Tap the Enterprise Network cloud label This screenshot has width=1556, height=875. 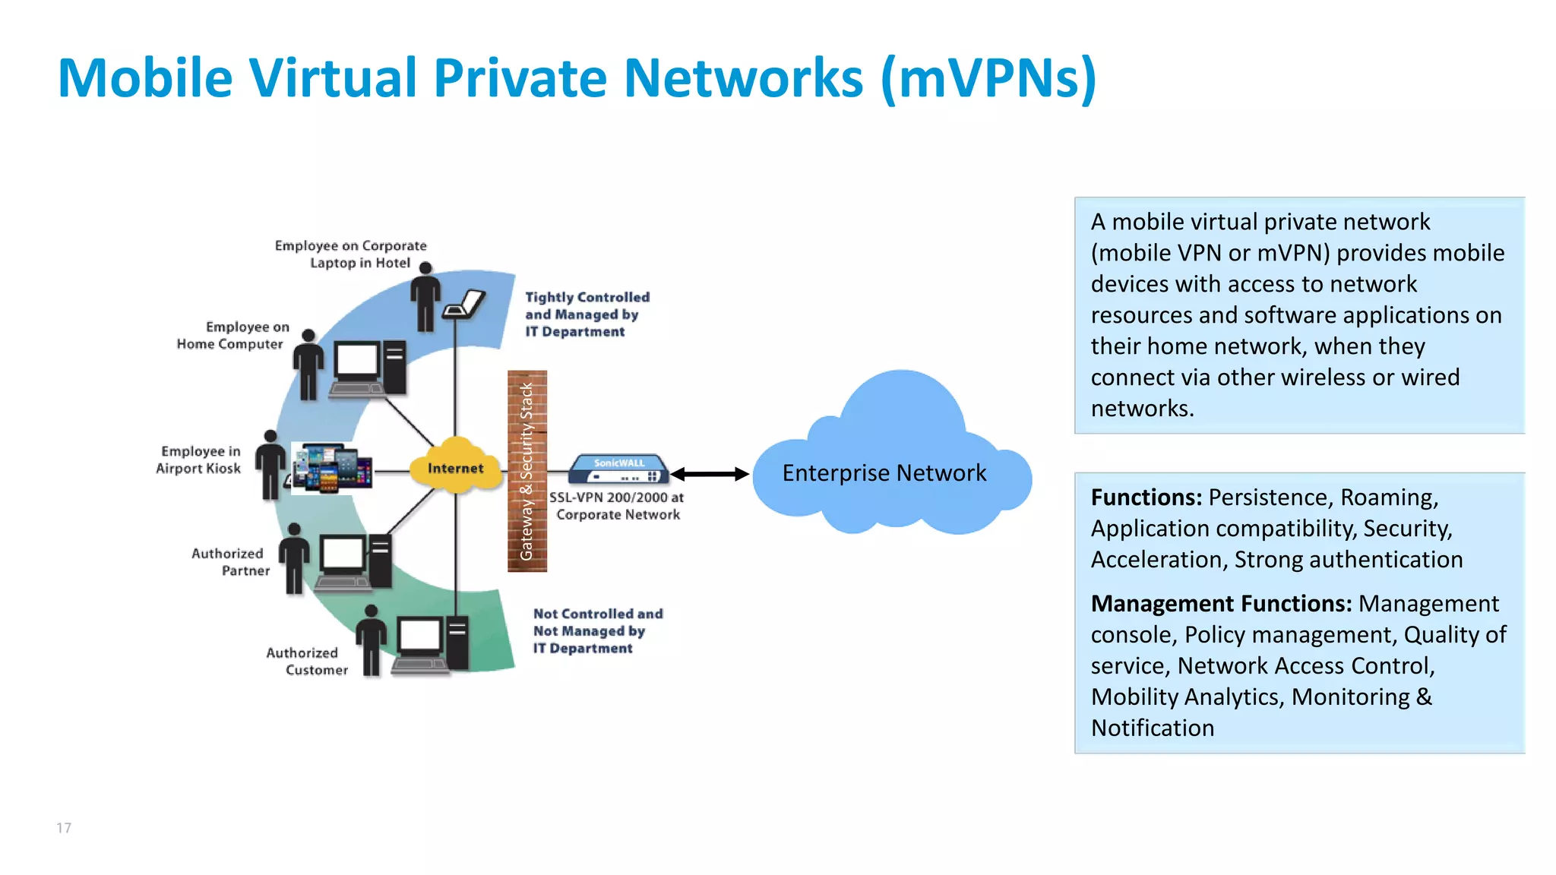tap(884, 473)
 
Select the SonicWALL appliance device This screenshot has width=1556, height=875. tap(619, 469)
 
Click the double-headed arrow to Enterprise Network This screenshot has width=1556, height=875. tap(710, 474)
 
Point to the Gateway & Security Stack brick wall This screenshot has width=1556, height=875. tap(527, 471)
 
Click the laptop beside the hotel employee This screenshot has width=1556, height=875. tap(464, 305)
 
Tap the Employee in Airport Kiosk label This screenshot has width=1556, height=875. tap(199, 460)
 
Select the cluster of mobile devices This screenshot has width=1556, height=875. tap(332, 468)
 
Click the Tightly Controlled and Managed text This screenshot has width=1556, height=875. tap(587, 314)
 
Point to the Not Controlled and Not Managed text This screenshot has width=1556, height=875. tap(596, 630)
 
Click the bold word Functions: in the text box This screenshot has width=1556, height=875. tap(1146, 498)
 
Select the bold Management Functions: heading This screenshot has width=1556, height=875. tap(1221, 604)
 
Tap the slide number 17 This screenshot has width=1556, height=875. tap(64, 828)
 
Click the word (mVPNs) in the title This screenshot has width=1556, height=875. tap(988, 78)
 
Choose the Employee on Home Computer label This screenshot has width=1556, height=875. tap(232, 335)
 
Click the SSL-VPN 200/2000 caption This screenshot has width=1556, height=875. tap(617, 506)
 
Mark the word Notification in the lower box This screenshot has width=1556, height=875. tap(1152, 728)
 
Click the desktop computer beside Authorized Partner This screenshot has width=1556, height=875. tap(355, 561)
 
